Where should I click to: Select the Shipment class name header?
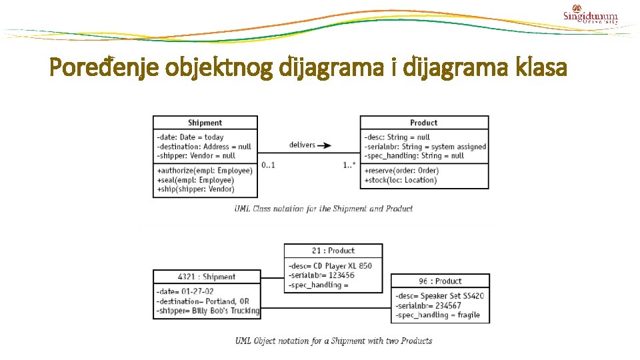[205, 123]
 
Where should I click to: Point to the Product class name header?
[424, 123]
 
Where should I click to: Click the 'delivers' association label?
[302, 145]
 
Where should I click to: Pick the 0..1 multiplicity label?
[268, 165]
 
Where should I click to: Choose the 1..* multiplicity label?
[349, 165]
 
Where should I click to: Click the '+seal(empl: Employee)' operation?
[195, 180]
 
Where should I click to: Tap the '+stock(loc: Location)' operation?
[401, 180]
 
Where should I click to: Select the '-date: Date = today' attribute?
[191, 137]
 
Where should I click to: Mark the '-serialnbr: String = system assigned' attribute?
[425, 147]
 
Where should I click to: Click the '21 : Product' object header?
[333, 251]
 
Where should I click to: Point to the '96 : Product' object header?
[440, 281]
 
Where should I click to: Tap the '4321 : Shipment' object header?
[207, 277]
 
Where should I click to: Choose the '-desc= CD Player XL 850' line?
[330, 266]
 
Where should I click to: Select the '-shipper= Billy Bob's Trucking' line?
[207, 311]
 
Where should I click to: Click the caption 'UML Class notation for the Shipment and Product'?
[323, 209]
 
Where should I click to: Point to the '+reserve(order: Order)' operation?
[401, 171]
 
